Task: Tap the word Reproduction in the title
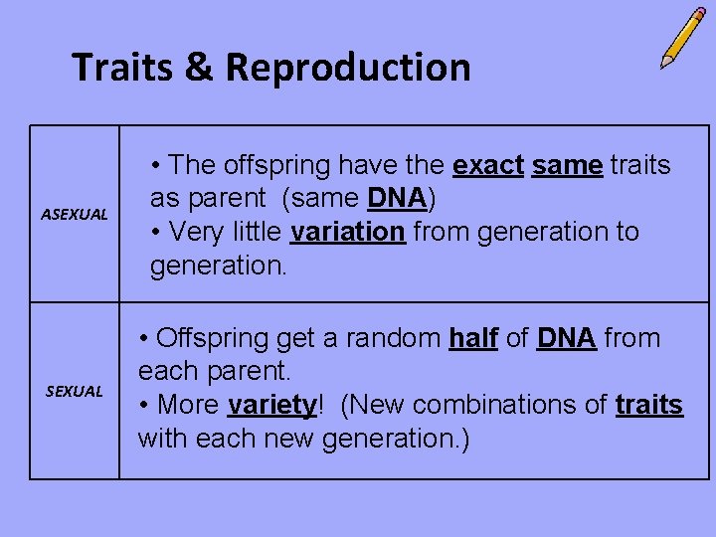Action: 348,68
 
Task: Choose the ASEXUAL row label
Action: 74,214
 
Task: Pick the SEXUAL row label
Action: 74,391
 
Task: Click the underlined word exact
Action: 487,166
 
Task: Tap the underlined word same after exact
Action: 567,166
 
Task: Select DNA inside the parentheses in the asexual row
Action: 397,199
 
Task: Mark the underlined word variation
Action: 347,232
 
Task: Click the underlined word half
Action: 472,339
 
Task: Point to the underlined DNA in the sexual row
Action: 566,339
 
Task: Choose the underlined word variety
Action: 271,406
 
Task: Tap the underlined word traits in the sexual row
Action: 648,406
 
